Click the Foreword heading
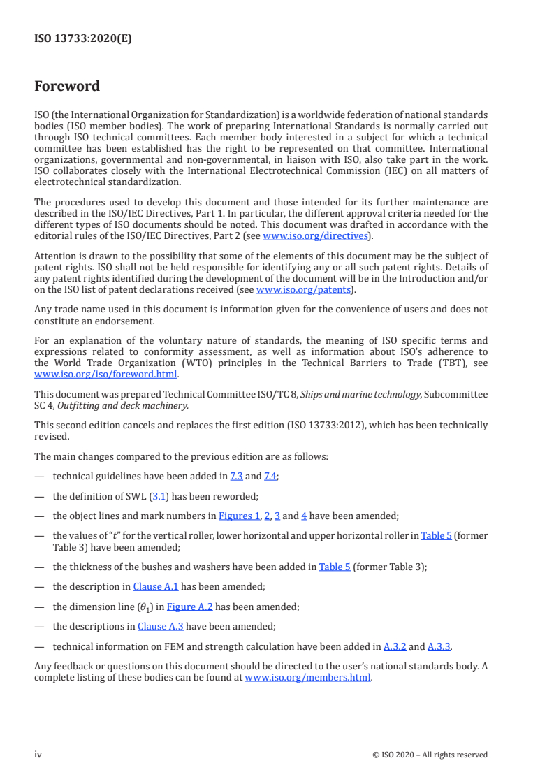pyautogui.click(x=67, y=87)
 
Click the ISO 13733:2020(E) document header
pyautogui.click(x=83, y=39)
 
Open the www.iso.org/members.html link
pyautogui.click(x=307, y=677)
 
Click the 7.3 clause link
pyautogui.click(x=236, y=477)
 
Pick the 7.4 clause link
pyautogui.click(x=270, y=477)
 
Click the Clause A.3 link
pyautogui.click(x=161, y=626)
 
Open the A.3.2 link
pyautogui.click(x=395, y=646)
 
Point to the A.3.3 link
pyautogui.click(x=439, y=646)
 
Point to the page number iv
pyautogui.click(x=38, y=754)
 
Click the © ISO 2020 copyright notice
pyautogui.click(x=430, y=755)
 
